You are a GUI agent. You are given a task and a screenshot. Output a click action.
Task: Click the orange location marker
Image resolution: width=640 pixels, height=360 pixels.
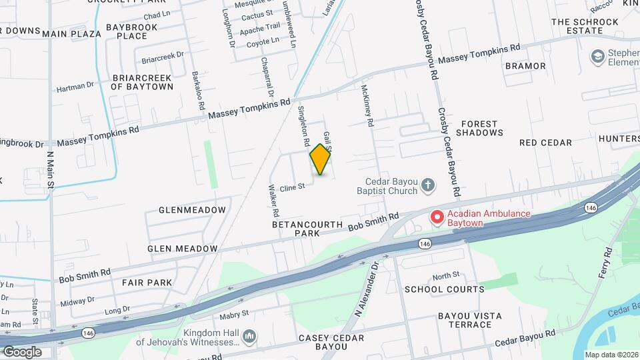coord(321,159)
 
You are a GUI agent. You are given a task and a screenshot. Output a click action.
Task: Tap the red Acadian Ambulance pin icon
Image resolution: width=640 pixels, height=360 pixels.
coord(437,217)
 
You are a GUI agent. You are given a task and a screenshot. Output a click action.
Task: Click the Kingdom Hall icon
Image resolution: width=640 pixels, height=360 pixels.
coord(249,335)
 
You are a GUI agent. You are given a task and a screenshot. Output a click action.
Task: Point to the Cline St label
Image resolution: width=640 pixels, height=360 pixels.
coord(291,187)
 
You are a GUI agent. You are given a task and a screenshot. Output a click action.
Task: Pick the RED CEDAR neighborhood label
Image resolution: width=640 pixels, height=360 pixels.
coord(545,143)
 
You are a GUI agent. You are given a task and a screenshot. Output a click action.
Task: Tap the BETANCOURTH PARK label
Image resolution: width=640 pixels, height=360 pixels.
coord(307,229)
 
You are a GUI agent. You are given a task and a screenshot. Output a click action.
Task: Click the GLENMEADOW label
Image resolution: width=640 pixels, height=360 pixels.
coord(192,210)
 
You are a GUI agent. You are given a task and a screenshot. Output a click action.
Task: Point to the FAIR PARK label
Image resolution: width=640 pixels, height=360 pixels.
coord(147,283)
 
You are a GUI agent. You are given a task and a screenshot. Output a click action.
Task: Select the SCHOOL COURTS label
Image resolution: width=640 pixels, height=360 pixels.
coord(444,289)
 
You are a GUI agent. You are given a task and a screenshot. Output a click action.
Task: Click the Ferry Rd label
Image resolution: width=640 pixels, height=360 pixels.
coord(605,263)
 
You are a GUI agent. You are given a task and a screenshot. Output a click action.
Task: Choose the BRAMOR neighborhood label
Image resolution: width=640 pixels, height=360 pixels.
coord(525,66)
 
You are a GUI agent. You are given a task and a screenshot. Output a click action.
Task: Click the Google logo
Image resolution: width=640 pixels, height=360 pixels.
coord(22,351)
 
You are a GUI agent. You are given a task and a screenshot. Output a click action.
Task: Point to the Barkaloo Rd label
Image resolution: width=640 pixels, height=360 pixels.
coord(197,90)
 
